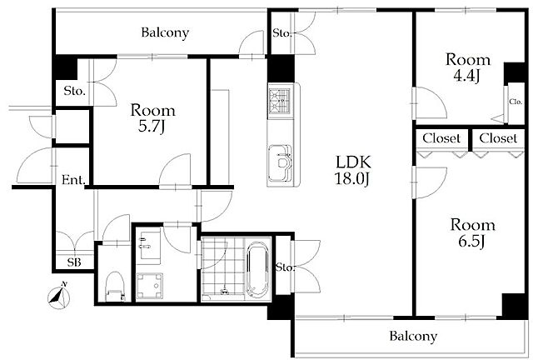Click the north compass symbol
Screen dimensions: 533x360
(x=58, y=297)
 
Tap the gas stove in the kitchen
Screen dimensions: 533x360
(x=280, y=101)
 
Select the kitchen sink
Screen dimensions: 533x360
(x=280, y=163)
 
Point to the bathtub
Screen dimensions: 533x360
(x=257, y=269)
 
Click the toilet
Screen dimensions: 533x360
(x=115, y=287)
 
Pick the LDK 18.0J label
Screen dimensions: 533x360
(x=352, y=170)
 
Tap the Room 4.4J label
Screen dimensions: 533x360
(x=468, y=67)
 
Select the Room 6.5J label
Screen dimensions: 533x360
(x=472, y=233)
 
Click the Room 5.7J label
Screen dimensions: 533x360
(x=153, y=118)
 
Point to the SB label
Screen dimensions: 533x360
(x=74, y=262)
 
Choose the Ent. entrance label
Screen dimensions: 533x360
(x=73, y=180)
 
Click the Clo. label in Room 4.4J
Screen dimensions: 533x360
(x=516, y=102)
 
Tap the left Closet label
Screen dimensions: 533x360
(x=441, y=138)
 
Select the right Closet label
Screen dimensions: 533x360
(x=498, y=138)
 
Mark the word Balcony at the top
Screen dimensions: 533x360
(x=165, y=33)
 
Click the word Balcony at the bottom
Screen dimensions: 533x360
(x=413, y=337)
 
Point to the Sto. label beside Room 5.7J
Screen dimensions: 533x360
(x=74, y=91)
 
